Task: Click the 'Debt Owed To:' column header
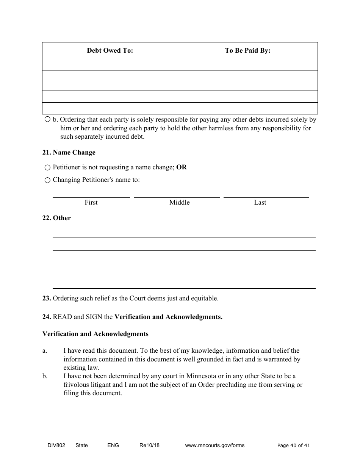pyautogui.click(x=110, y=50)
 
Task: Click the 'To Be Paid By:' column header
pyautogui.click(x=247, y=50)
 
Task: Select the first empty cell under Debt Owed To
pyautogui.click(x=110, y=64)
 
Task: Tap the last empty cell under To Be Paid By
pyautogui.click(x=247, y=108)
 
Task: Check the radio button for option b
pyautogui.click(x=47, y=119)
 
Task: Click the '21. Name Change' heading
pyautogui.click(x=69, y=152)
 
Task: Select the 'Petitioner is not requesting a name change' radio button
pyautogui.click(x=47, y=167)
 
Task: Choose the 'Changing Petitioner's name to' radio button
pyautogui.click(x=47, y=180)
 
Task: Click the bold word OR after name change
pyautogui.click(x=182, y=167)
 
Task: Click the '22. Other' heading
pyautogui.click(x=56, y=218)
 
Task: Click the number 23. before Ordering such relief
pyautogui.click(x=47, y=298)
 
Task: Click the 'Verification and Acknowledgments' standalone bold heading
pyautogui.click(x=95, y=334)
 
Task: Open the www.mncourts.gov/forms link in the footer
pyautogui.click(x=214, y=445)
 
